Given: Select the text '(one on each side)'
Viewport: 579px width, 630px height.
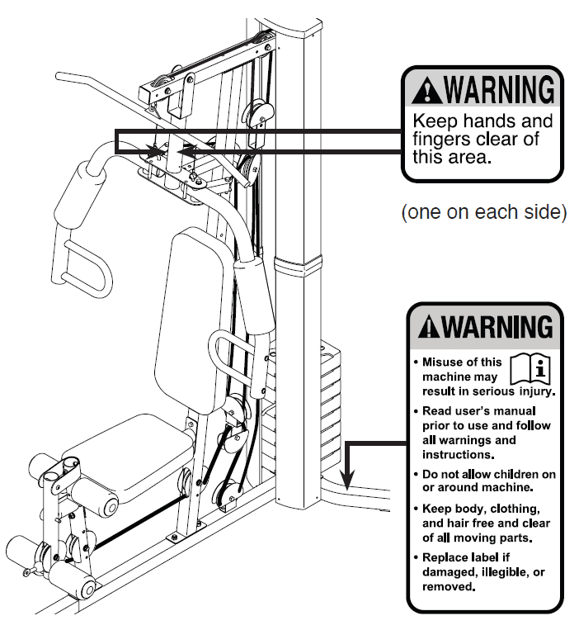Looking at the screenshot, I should pos(483,212).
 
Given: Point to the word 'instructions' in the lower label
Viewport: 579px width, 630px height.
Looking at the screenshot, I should pos(458,454).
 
